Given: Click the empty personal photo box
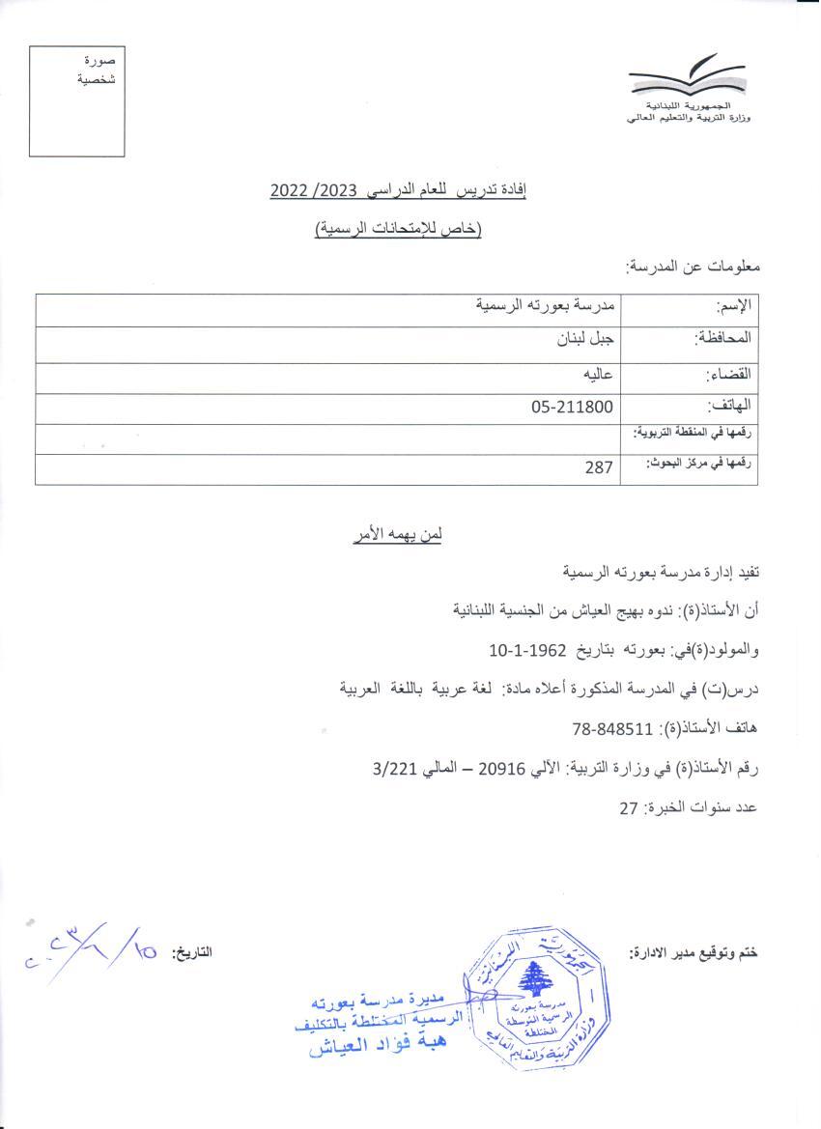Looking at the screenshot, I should pos(76,99).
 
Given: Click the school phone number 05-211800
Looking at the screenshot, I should pos(572,408).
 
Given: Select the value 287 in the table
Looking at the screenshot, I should pos(599,468).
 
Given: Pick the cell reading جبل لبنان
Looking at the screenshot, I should pos(580,339).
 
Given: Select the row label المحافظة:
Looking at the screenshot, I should pos(722,339).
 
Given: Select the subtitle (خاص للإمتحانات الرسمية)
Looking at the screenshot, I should pos(398,229).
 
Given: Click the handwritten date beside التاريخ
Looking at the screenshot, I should pos(92,949).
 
